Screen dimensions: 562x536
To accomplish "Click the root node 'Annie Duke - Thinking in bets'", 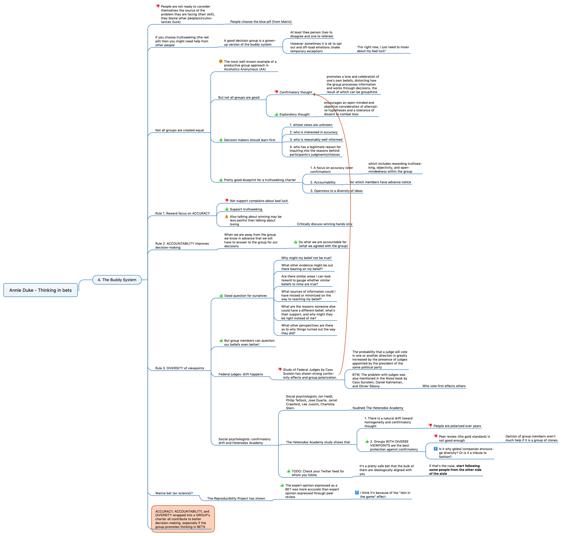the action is tap(41, 290).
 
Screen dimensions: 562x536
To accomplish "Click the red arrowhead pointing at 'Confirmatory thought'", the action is tap(314, 94).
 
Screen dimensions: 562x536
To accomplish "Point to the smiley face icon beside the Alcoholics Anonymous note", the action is tap(221, 61).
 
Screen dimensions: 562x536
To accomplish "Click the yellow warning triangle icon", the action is tap(227, 217).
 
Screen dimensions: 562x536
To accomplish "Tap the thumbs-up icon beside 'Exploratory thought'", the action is tap(276, 114).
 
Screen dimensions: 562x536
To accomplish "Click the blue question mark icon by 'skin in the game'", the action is tap(357, 493).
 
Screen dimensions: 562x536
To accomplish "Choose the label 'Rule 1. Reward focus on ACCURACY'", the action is tap(183, 213).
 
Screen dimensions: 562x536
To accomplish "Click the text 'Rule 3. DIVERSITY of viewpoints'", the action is tap(180, 368).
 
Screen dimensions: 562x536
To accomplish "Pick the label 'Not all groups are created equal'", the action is tap(180, 130).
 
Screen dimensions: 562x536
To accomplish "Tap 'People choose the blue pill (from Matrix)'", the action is tap(261, 22).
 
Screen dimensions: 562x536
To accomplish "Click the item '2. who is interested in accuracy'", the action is tap(313, 132).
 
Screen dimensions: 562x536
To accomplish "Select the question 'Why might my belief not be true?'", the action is tap(306, 258).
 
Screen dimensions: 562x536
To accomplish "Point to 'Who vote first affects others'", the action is tap(444, 386).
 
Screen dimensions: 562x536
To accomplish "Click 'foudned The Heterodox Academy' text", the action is tap(378, 408).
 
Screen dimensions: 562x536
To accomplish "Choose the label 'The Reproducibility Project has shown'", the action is tap(236, 499).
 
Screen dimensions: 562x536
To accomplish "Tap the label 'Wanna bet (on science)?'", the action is tap(174, 493).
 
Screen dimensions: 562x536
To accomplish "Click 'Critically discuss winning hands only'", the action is tap(325, 224).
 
